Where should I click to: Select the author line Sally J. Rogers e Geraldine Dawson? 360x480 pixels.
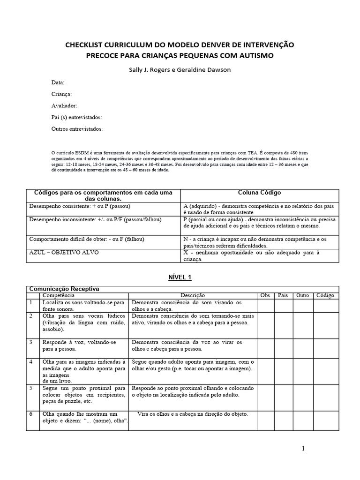(x=180, y=69)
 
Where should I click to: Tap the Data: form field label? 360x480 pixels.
(x=58, y=82)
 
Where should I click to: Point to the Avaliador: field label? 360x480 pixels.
(x=64, y=105)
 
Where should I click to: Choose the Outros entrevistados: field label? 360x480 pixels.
(x=77, y=128)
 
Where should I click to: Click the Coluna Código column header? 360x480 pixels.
(x=259, y=193)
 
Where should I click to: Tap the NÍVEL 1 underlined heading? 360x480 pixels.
(x=180, y=277)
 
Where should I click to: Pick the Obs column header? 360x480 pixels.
(x=265, y=295)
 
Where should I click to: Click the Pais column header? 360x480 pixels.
(x=283, y=295)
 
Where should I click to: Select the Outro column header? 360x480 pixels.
(x=302, y=295)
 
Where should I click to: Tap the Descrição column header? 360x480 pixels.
(x=193, y=295)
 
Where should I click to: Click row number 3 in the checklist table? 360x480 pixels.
(x=31, y=342)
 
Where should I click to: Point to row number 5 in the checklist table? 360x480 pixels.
(x=31, y=388)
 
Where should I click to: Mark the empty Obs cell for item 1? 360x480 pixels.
(x=265, y=306)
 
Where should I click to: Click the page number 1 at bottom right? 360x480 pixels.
(x=303, y=449)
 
